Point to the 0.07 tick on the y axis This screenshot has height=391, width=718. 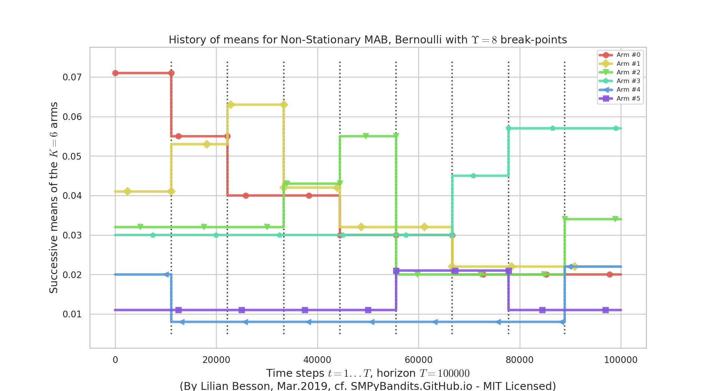point(72,77)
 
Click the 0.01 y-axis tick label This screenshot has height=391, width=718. point(72,314)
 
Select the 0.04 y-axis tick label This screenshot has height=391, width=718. point(72,196)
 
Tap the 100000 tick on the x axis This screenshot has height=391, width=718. point(620,360)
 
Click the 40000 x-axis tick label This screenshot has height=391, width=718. point(317,360)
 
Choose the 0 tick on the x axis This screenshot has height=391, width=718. point(115,360)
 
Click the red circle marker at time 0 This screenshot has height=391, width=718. point(115,73)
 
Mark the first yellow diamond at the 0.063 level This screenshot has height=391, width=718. point(230,105)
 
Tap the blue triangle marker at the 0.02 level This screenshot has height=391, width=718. point(167,275)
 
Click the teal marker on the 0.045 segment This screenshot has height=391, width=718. point(473,176)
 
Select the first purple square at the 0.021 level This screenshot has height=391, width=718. point(396,271)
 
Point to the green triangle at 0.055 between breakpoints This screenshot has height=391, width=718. point(366,136)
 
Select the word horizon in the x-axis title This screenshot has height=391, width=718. point(396,373)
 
